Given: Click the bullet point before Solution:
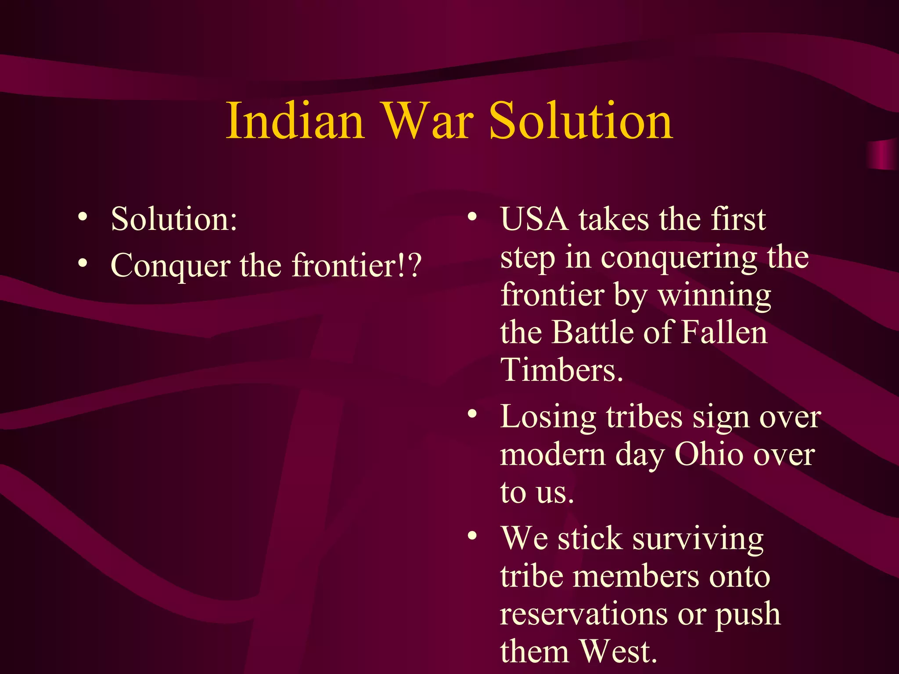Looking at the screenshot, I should click(x=83, y=217).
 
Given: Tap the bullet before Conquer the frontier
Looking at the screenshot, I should click(x=83, y=263).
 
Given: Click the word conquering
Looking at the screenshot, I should click(x=678, y=258).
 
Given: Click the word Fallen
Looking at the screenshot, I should click(x=724, y=332).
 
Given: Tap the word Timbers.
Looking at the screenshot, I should click(x=561, y=369).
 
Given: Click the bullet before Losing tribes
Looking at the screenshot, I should click(x=472, y=414).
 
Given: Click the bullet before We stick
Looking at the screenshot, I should click(x=472, y=536).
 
